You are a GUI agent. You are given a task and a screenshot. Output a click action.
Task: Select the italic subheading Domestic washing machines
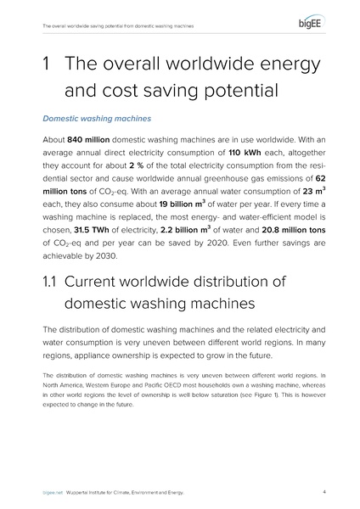[x=86, y=120]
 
